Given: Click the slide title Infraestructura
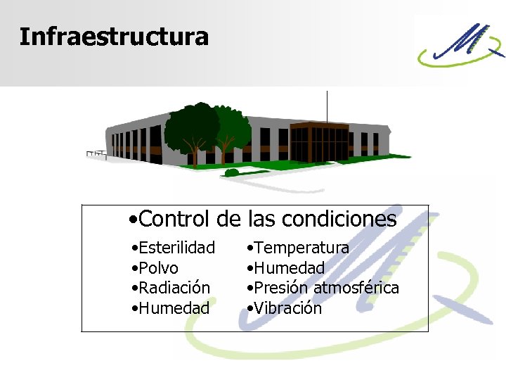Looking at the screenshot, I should coord(114,37).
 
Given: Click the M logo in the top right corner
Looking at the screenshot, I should coord(460,44).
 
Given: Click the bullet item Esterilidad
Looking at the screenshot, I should coord(176,248).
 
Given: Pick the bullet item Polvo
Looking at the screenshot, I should coord(158,268).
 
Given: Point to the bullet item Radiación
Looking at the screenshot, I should coord(174,288).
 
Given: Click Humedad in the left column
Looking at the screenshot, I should coord(174,308).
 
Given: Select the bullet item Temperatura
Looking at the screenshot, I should coord(301,248).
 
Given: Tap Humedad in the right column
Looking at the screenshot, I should coord(289,268).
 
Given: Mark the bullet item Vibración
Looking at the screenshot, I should coord(287,308).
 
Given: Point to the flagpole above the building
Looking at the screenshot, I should coord(327,106).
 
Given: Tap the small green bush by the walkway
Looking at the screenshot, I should coord(232,172).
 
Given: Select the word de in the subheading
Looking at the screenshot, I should coord(228,219).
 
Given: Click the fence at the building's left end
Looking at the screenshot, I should coord(96,153).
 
